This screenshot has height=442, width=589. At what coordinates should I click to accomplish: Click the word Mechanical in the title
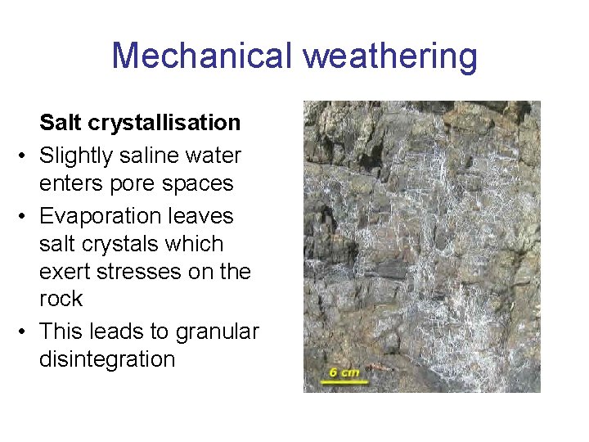pyautogui.click(x=201, y=56)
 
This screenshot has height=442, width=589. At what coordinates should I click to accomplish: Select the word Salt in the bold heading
pyautogui.click(x=60, y=123)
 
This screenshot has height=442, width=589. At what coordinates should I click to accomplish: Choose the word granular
pyautogui.click(x=217, y=331)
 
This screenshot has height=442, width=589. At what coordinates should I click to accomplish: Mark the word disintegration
pyautogui.click(x=107, y=359)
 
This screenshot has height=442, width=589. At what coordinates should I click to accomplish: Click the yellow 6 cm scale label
pyautogui.click(x=344, y=372)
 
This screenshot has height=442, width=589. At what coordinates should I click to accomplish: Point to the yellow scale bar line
pyautogui.click(x=344, y=381)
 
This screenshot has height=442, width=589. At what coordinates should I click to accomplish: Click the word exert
pyautogui.click(x=65, y=271)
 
